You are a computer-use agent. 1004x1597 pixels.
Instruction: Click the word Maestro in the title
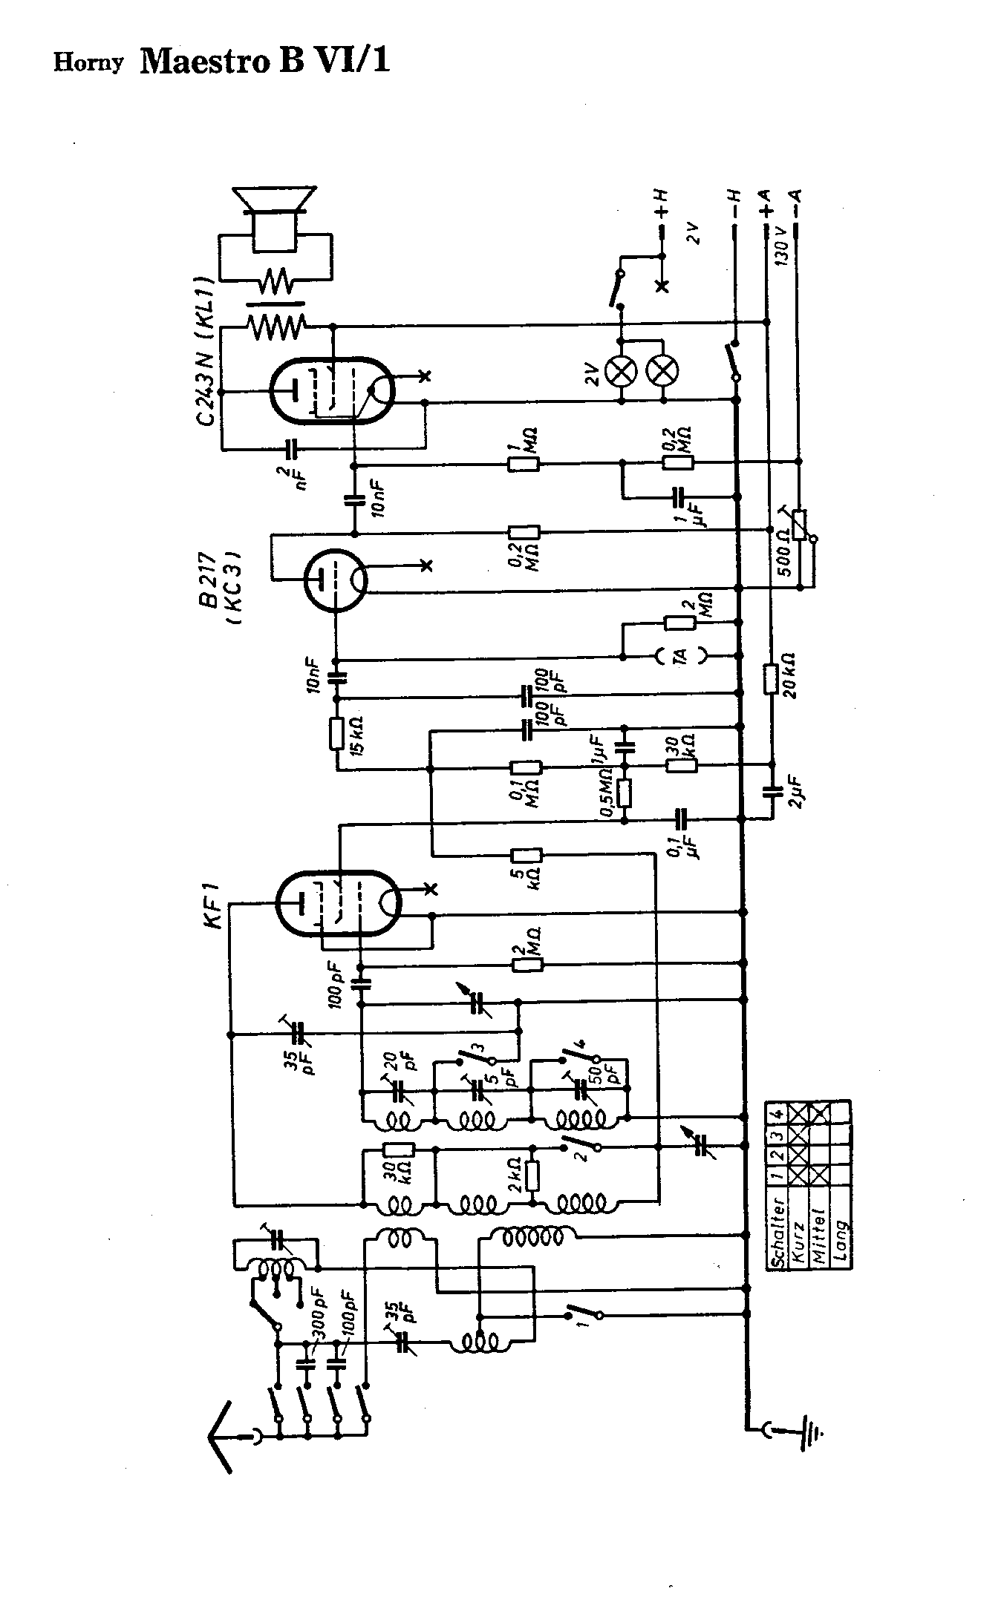(x=203, y=61)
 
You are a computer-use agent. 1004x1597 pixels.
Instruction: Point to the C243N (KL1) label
(x=206, y=349)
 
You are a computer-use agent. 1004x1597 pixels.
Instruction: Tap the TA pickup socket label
(x=681, y=655)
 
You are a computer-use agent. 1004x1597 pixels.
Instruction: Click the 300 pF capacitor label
(x=321, y=1319)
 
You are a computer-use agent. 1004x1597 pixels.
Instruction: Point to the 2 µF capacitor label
(x=798, y=793)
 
